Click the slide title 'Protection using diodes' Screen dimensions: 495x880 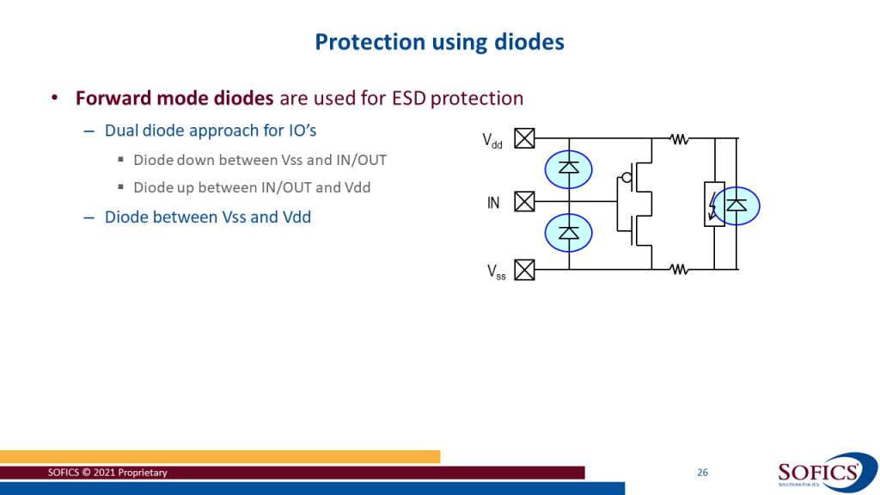(439, 41)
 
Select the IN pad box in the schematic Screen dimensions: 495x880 (523, 203)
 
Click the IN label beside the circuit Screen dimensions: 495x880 (493, 204)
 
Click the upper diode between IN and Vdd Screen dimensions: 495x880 (568, 168)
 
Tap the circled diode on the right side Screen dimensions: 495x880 (736, 205)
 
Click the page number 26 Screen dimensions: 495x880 (702, 473)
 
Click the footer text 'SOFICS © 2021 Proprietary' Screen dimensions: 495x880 (108, 473)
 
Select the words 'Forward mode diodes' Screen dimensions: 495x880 (174, 98)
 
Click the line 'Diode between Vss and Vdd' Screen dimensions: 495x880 (207, 217)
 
